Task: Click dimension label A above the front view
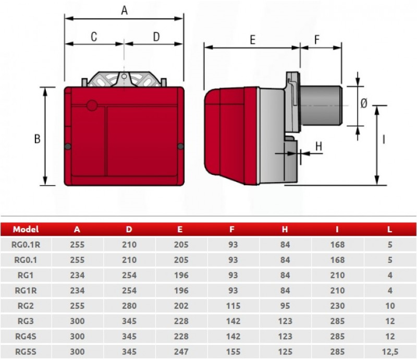pyautogui.click(x=124, y=10)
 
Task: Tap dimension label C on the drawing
pyautogui.click(x=94, y=37)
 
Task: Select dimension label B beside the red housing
pyautogui.click(x=37, y=139)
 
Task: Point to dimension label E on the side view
pyautogui.click(x=253, y=40)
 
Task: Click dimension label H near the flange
pyautogui.click(x=318, y=146)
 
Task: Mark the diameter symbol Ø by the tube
pyautogui.click(x=364, y=103)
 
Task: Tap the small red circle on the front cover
pyautogui.click(x=92, y=105)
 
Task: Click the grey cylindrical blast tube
pyautogui.click(x=321, y=106)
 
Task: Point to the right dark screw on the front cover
pyautogui.click(x=180, y=146)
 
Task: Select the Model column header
pyautogui.click(x=26, y=229)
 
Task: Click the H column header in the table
pyautogui.click(x=285, y=229)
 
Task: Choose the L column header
pyautogui.click(x=389, y=229)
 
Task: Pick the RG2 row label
pyautogui.click(x=26, y=306)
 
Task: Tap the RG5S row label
pyautogui.click(x=26, y=352)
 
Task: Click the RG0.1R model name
pyautogui.click(x=26, y=245)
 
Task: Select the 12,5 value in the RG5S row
pyautogui.click(x=390, y=352)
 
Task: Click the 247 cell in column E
pyautogui.click(x=181, y=352)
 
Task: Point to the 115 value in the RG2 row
pyautogui.click(x=233, y=306)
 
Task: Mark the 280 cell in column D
pyautogui.click(x=129, y=306)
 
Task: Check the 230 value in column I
pyautogui.click(x=337, y=306)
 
